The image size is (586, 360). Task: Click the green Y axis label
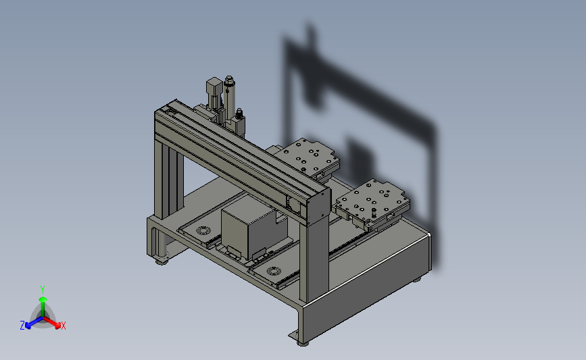click(43, 290)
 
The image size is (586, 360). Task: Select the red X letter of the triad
click(63, 326)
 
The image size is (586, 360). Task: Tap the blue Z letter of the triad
click(22, 326)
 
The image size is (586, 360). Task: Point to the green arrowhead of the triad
click(43, 299)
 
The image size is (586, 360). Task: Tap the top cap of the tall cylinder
click(229, 80)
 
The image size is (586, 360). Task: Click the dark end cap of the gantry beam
click(319, 207)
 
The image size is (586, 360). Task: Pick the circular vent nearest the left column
click(203, 230)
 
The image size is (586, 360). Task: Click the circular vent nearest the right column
click(274, 271)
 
